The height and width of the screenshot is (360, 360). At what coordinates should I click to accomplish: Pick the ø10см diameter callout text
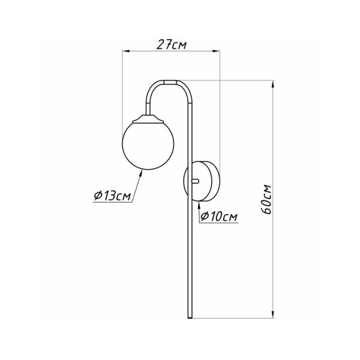coord(219,216)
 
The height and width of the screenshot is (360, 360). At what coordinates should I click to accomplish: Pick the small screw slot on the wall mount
coord(193,180)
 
